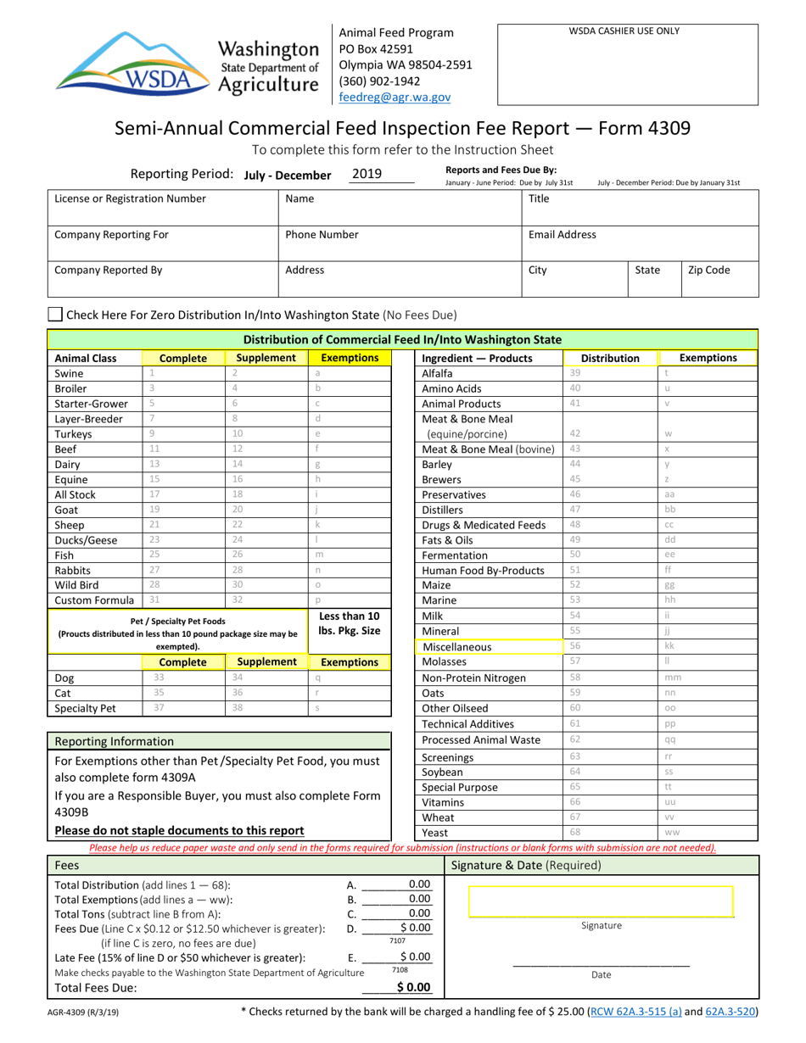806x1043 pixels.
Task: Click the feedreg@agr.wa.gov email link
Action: (395, 98)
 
